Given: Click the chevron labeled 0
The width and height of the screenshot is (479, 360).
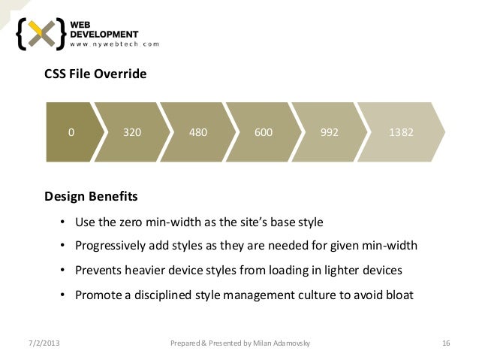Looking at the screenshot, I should click(71, 132).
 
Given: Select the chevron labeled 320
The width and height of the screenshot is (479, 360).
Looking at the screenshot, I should click(132, 132).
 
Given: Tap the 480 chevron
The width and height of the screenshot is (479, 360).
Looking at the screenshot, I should click(198, 132).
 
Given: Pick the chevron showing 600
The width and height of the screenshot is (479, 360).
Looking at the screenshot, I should click(263, 132).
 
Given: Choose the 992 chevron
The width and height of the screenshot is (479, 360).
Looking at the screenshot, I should click(329, 132).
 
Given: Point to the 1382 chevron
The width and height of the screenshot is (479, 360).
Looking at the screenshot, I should click(400, 132).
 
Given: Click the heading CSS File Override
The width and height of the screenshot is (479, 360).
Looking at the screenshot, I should click(95, 75).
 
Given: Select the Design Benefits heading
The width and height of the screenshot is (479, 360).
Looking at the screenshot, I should click(91, 197).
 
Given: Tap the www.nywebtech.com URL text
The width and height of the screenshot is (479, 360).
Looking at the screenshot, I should click(115, 44).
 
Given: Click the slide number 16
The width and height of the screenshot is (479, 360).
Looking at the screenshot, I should click(446, 343).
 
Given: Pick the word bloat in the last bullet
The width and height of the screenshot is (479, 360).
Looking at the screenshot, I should click(399, 294).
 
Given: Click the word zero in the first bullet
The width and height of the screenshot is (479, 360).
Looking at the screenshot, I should click(143, 222).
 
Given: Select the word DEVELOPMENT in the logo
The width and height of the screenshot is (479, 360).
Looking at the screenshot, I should click(104, 33).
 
